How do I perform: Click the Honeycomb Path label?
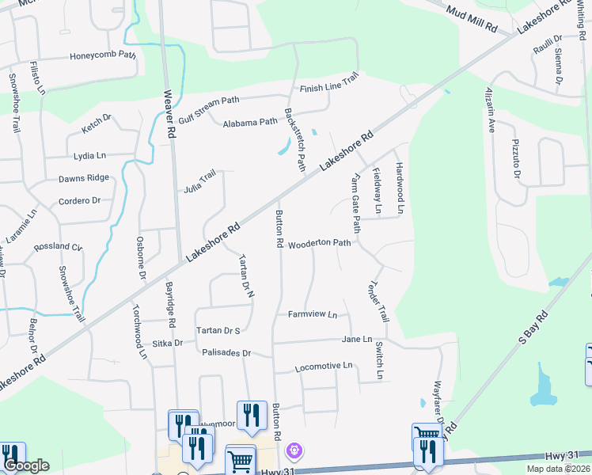click(x=103, y=56)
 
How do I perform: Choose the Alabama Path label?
click(x=250, y=123)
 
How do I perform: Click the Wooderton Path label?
click(x=319, y=244)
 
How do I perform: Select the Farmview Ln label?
click(x=313, y=314)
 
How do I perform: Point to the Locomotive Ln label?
click(x=323, y=367)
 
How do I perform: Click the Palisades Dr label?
click(x=226, y=352)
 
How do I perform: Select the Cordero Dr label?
click(x=79, y=200)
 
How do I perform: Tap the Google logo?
click(x=26, y=466)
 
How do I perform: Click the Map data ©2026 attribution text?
click(x=557, y=469)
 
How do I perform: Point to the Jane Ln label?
click(x=356, y=339)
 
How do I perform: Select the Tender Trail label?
click(x=378, y=302)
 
